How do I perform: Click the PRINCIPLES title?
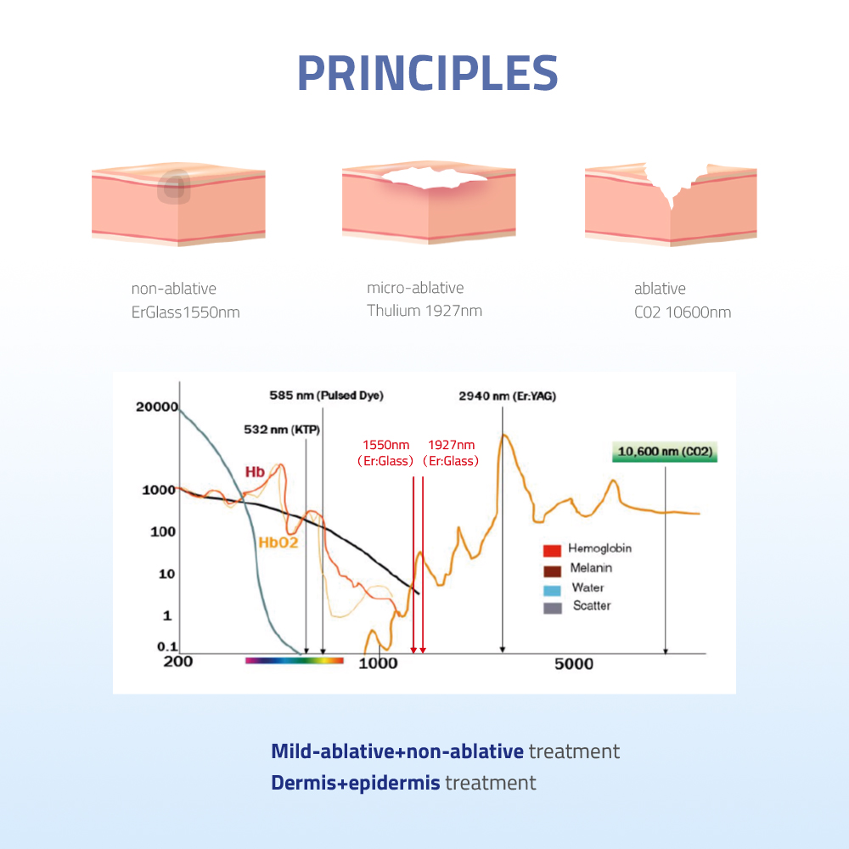point(428,73)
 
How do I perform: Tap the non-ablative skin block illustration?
point(178,204)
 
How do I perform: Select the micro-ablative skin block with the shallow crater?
point(429,202)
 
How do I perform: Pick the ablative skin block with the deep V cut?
point(671,204)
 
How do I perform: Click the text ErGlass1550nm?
point(186,312)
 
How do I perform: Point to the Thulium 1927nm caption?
point(424,311)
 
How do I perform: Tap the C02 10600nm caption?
point(683,312)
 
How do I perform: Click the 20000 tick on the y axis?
point(156,408)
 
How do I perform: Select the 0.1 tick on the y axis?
point(167,646)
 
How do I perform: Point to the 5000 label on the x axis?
point(574,664)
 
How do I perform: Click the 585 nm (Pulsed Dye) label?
point(327,396)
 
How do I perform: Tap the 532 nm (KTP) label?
point(282,430)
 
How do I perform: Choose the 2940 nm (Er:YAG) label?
point(508,396)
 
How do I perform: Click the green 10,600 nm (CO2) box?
point(665,452)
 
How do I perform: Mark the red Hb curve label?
point(255,472)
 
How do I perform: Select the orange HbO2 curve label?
point(278,543)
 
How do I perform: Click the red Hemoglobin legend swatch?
point(553,551)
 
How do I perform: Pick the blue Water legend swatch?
point(553,590)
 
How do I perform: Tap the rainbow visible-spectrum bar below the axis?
point(295,661)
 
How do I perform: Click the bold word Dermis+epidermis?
point(355,783)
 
